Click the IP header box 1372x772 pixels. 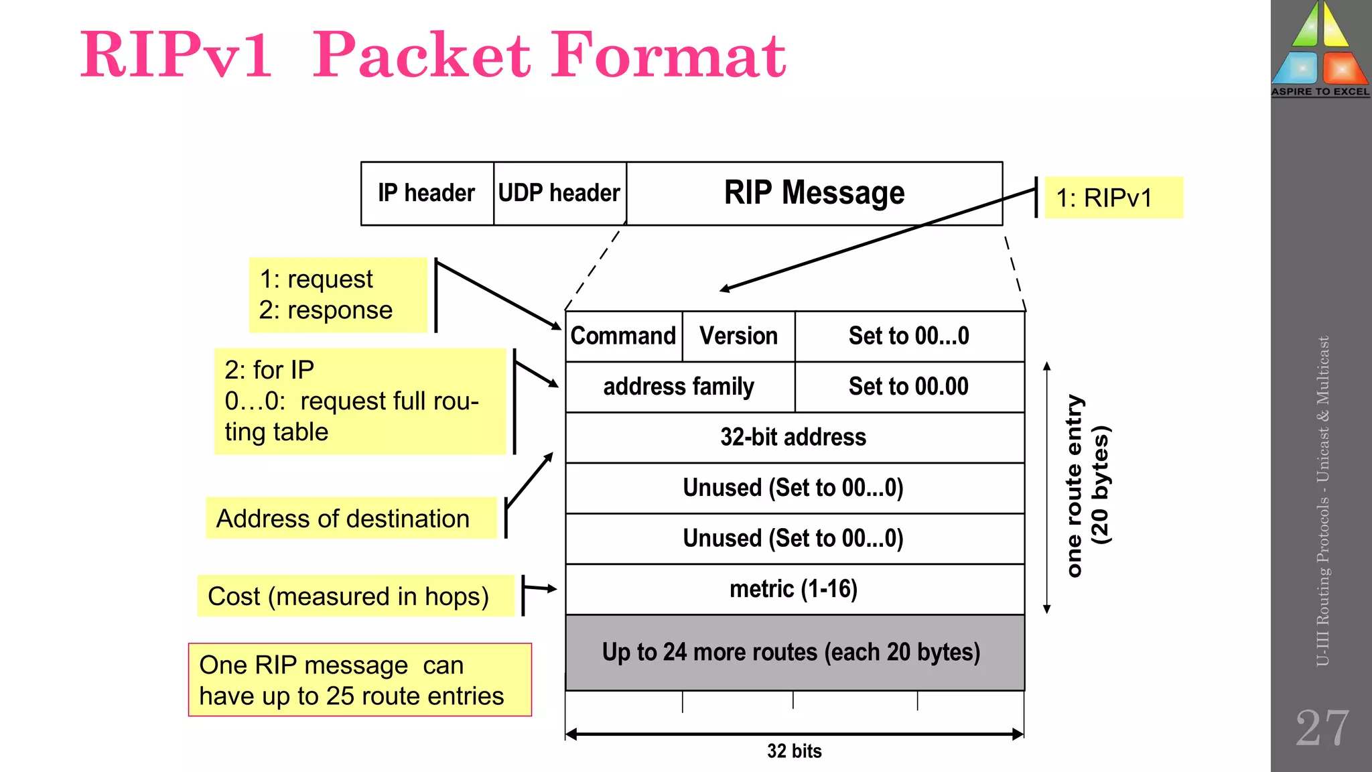(427, 193)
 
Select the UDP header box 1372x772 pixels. (559, 193)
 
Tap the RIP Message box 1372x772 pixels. (814, 193)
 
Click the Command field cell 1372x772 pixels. (623, 336)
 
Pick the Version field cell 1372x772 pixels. (738, 336)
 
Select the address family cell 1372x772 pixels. (679, 387)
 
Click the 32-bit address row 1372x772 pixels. (794, 438)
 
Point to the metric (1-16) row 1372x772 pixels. (794, 589)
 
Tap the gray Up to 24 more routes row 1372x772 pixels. (794, 653)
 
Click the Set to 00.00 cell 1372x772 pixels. (908, 387)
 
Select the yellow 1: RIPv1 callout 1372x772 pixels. (1113, 198)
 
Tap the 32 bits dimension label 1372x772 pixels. (794, 751)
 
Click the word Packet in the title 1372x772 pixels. (422, 55)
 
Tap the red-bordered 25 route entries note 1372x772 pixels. (360, 680)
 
